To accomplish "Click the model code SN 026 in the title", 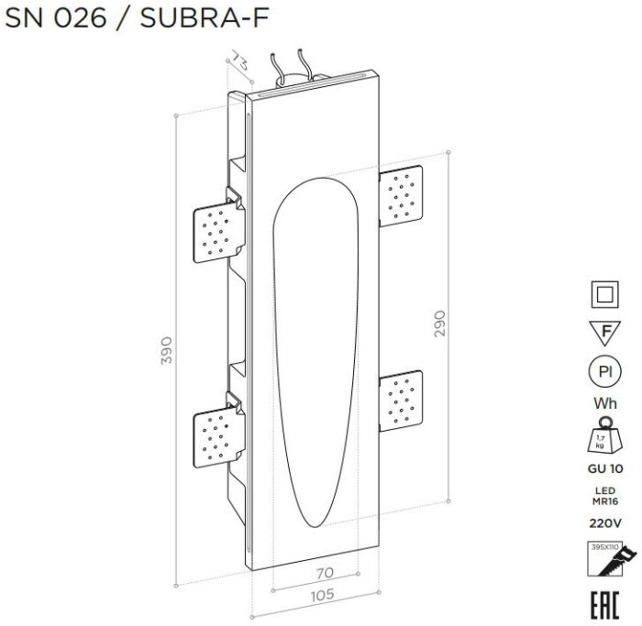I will pos(58,19).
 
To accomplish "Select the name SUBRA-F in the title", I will pos(204,19).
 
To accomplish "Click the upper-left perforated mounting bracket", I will pos(216,226).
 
